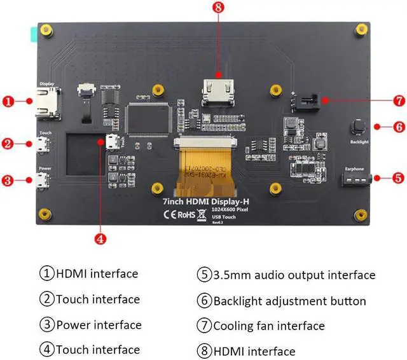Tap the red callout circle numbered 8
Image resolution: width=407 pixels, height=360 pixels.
(218, 8)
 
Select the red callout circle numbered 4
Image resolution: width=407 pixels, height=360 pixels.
(99, 239)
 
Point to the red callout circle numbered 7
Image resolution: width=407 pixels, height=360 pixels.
(399, 100)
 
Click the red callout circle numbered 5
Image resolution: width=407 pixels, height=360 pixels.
(399, 179)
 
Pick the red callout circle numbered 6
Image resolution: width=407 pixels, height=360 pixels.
(399, 127)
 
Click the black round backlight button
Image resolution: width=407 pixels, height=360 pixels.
(358, 126)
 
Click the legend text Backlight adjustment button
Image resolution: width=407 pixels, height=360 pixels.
(289, 301)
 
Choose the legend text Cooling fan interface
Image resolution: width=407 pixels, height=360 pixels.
(268, 326)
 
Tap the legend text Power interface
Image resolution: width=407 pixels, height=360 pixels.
(99, 325)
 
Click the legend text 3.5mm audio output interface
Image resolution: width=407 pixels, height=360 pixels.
(294, 275)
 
